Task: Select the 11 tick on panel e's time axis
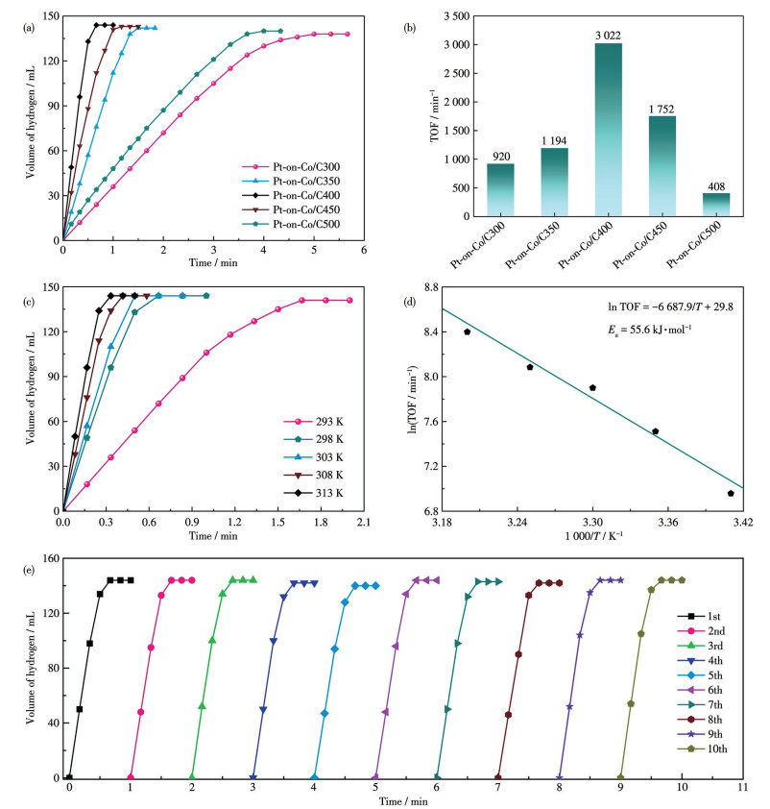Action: coord(742,787)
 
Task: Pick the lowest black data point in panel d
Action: coord(731,493)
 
